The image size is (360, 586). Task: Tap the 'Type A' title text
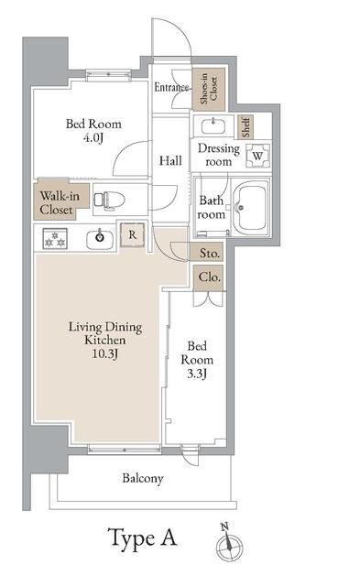[x=143, y=537]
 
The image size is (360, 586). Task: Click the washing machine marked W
[x=257, y=155]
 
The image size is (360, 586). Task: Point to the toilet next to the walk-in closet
[x=111, y=199]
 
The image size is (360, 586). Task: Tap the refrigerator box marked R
[x=133, y=233]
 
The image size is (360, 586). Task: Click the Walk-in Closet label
[x=56, y=201]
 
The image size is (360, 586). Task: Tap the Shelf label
[x=245, y=124]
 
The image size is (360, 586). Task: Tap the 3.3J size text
[x=198, y=374]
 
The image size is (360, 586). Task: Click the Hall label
[x=169, y=160]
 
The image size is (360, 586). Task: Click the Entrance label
[x=171, y=88]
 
